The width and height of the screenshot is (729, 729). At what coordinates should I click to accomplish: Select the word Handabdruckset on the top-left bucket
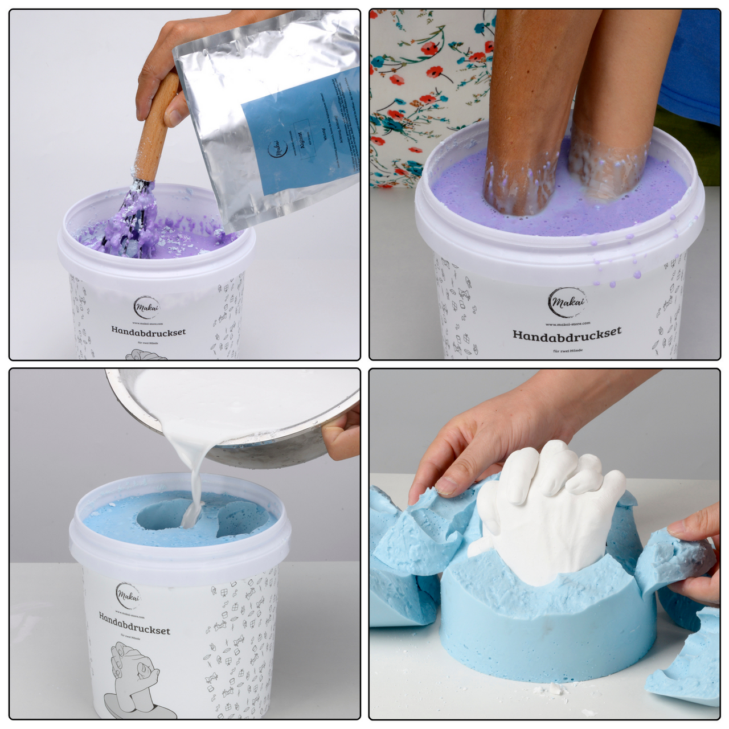148,331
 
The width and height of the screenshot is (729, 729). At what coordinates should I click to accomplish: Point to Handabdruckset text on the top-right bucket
567,334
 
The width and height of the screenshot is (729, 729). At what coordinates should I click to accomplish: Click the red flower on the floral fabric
435,72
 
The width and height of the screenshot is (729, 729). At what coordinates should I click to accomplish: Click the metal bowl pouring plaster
239,416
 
